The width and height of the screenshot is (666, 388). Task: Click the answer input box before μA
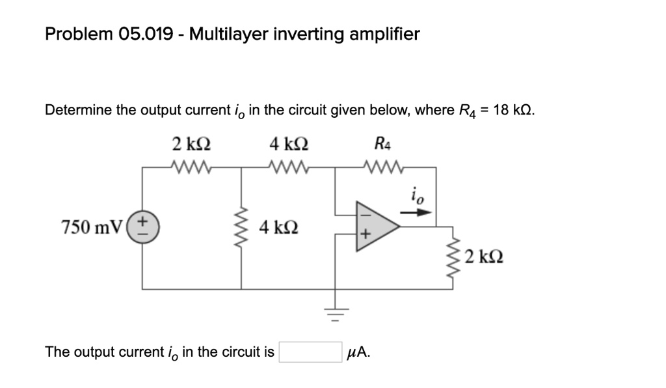click(311, 352)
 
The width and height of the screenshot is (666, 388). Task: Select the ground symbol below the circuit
click(336, 315)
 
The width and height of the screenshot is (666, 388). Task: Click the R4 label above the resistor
click(384, 143)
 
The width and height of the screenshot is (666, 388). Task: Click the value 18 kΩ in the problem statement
click(513, 109)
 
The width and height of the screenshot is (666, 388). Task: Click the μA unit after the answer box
click(360, 353)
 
